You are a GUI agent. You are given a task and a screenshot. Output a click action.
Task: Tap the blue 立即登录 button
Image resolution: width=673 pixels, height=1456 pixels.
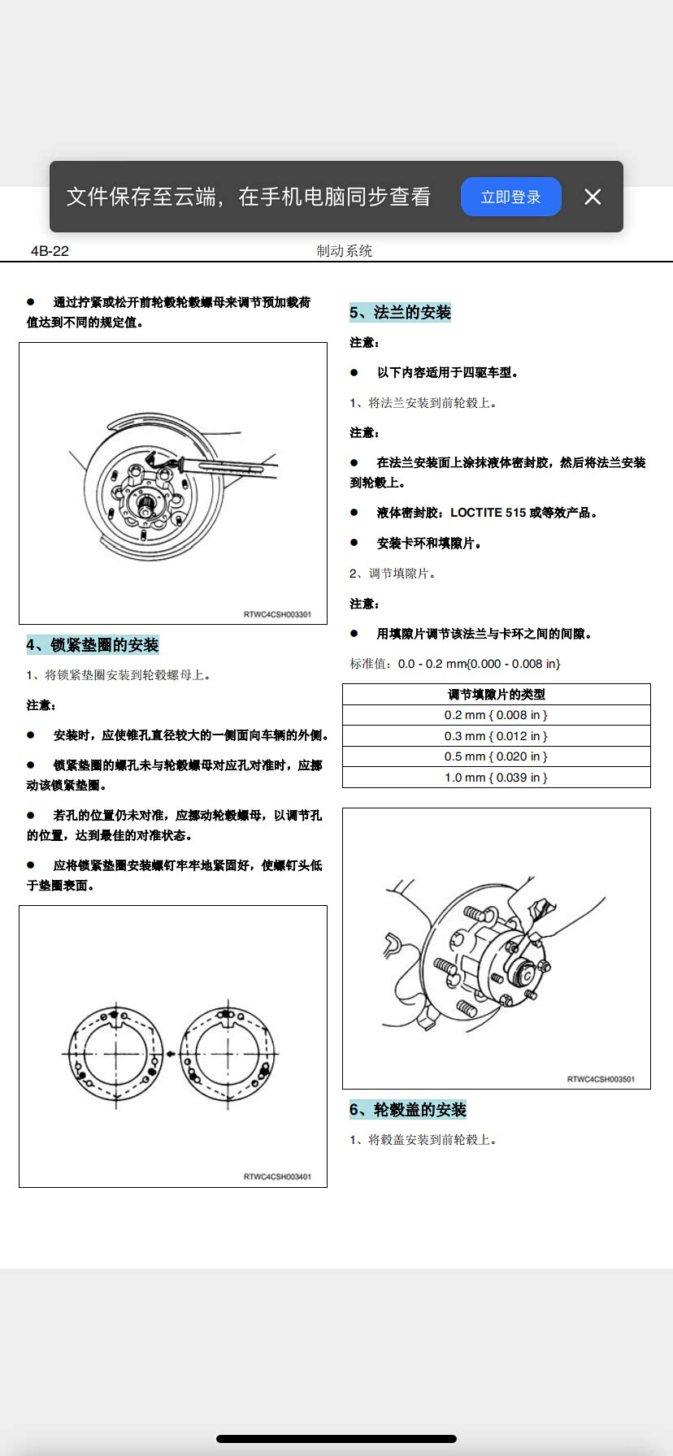[x=510, y=197]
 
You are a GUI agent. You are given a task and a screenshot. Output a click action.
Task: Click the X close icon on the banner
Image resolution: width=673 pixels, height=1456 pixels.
[x=593, y=197]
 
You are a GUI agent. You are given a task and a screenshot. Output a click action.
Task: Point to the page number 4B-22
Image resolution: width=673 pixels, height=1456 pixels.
[x=50, y=251]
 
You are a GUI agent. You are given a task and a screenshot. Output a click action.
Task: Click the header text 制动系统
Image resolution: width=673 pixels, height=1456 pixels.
[x=344, y=251]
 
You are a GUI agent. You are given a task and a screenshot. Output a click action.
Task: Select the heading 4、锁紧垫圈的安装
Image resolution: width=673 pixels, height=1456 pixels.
[x=93, y=645]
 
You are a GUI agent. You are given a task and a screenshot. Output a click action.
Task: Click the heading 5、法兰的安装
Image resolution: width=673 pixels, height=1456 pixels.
[x=400, y=312]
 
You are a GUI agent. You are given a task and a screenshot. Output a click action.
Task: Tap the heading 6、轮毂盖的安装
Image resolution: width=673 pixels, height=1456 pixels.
[x=408, y=1110]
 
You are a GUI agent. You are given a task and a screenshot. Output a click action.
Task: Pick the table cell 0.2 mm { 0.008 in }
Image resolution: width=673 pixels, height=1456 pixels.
[x=496, y=715]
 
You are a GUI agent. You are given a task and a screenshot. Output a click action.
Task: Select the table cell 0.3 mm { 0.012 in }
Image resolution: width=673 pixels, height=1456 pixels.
[x=496, y=736]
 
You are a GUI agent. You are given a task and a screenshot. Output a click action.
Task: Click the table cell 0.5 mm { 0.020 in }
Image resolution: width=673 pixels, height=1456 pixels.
[x=496, y=756]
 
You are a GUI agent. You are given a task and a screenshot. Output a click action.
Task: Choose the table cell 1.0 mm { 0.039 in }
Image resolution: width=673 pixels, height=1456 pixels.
[x=496, y=778]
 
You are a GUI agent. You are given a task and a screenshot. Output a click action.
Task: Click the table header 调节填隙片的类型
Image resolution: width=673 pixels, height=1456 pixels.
[x=496, y=695]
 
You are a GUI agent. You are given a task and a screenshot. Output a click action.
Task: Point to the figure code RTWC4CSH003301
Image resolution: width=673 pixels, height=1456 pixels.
[x=277, y=614]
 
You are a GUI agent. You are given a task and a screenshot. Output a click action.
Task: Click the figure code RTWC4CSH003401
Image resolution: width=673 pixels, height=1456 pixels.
[x=277, y=1176]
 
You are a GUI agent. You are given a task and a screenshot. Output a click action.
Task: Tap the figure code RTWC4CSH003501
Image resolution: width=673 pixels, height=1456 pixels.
[x=601, y=1079]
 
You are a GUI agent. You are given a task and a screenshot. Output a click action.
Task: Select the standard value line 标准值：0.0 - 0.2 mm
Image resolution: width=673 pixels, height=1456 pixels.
[x=455, y=664]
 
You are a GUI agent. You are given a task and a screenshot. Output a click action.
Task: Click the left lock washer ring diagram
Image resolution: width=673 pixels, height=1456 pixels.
[x=116, y=1054]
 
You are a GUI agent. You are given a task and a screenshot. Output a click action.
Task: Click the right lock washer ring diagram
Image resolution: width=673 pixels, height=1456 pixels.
[x=228, y=1054]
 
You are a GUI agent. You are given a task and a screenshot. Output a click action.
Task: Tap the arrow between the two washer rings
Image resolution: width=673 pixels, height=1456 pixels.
[x=172, y=1054]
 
